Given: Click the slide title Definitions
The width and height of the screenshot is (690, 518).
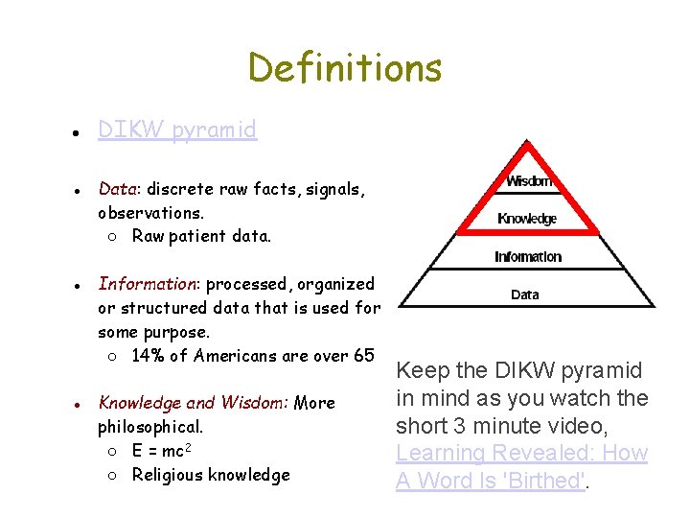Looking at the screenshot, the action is point(345,68).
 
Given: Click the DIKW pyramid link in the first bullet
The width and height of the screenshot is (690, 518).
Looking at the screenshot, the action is point(177,129).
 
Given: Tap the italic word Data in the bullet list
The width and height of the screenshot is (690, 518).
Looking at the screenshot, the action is point(115,189).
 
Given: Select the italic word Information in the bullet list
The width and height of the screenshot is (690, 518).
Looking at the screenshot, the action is point(148,284).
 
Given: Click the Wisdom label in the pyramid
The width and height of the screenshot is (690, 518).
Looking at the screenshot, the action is point(528,181).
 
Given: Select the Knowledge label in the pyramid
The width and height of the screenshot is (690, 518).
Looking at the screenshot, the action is point(527,219).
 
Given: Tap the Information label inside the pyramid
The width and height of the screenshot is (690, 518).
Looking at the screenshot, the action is point(527,256).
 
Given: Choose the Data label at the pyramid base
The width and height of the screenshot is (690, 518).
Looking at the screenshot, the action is point(525,294).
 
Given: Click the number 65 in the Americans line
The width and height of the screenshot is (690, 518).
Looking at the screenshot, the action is point(363,356).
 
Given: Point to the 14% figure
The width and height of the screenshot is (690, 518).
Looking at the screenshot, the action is point(148,356).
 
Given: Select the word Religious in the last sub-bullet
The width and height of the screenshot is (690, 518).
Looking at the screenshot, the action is point(168,475).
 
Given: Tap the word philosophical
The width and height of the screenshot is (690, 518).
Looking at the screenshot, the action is point(148,427).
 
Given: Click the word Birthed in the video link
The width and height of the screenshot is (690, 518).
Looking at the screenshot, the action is point(547,481).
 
